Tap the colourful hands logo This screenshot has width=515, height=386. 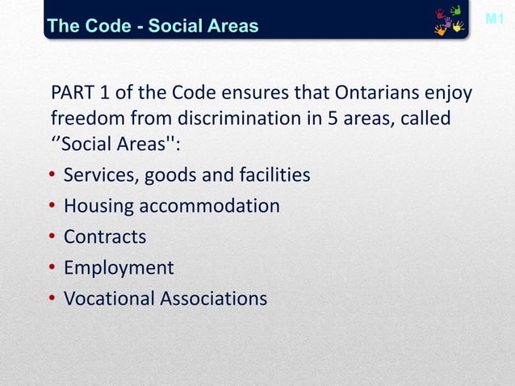point(449,22)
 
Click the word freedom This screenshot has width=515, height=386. point(82,120)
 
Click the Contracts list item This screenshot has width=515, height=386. point(105,237)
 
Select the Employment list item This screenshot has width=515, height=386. point(119,268)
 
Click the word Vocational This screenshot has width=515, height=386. point(109,299)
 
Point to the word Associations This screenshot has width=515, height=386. point(213,299)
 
